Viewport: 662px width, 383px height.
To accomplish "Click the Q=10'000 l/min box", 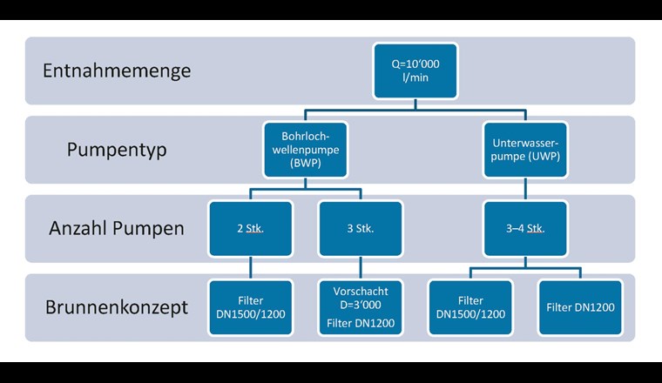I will [415, 71].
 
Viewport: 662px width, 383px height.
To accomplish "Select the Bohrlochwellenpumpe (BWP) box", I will [304, 150].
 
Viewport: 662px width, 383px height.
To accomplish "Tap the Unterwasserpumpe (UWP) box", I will [524, 150].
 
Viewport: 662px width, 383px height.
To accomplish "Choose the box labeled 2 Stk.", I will [251, 229].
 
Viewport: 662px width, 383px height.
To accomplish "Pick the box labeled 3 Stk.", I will [360, 229].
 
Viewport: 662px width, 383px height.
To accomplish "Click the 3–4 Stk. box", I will [524, 229].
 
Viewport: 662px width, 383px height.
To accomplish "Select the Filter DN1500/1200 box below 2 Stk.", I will [251, 307].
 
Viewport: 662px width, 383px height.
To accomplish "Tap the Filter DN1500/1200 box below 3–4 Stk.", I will [469, 307].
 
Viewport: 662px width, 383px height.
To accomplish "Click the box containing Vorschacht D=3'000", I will [360, 307].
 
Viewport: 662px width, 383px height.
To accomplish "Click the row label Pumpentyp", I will [117, 150].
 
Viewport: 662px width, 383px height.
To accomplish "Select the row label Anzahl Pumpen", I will [117, 229].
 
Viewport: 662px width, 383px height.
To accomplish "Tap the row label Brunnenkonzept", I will [116, 307].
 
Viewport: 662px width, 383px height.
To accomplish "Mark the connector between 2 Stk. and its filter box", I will [251, 267].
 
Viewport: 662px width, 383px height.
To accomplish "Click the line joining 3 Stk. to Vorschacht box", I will [360, 267].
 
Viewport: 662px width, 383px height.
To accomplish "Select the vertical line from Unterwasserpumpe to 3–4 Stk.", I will [524, 190].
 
